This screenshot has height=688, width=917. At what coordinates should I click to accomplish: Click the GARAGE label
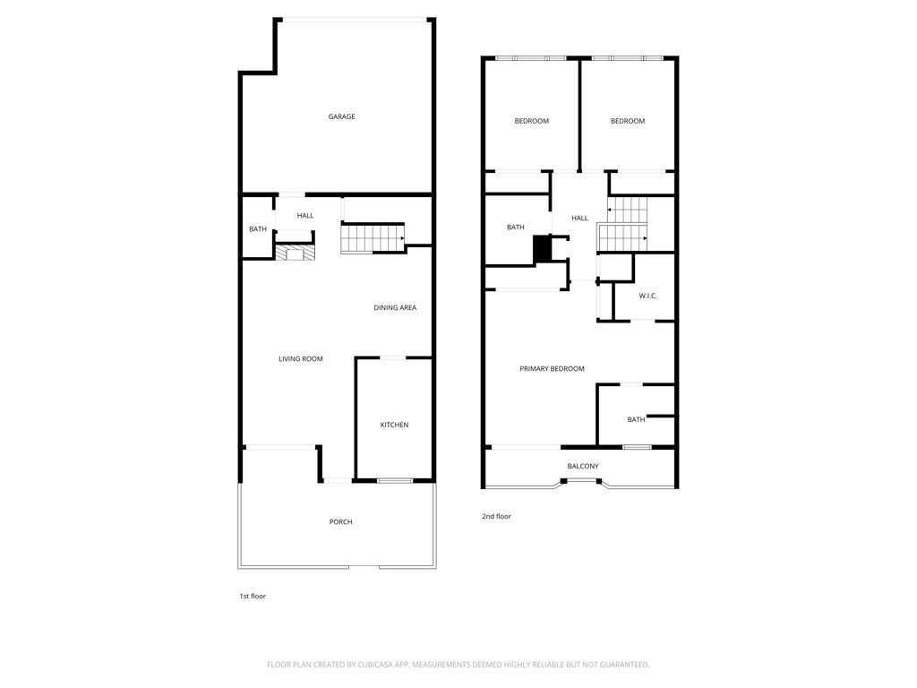click(341, 116)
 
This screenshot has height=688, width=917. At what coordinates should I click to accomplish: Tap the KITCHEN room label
click(394, 425)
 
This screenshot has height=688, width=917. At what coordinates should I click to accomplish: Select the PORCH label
click(340, 522)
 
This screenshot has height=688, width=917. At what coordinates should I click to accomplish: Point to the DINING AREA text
click(395, 308)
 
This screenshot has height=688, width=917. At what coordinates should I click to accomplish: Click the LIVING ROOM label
click(300, 359)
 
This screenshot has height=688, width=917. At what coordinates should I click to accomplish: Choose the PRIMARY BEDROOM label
click(552, 369)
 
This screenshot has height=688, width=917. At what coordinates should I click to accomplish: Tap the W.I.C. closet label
click(647, 296)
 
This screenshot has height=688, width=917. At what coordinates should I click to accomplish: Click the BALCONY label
click(582, 466)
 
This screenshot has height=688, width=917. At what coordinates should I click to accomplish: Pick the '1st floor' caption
click(252, 597)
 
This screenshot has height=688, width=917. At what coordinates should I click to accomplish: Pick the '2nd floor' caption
click(496, 517)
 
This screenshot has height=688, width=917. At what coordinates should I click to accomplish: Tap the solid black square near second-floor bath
click(543, 249)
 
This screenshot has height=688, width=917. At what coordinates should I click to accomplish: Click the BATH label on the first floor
click(258, 230)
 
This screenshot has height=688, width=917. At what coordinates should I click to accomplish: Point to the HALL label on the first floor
click(305, 216)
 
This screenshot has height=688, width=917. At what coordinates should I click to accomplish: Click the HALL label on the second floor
click(579, 219)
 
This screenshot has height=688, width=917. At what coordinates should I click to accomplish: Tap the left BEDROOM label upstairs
click(531, 122)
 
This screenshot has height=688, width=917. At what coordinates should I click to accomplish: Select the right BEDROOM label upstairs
click(628, 122)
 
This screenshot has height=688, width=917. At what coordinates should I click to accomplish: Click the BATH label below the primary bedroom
click(636, 420)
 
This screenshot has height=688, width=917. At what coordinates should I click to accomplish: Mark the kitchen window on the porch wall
click(395, 481)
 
